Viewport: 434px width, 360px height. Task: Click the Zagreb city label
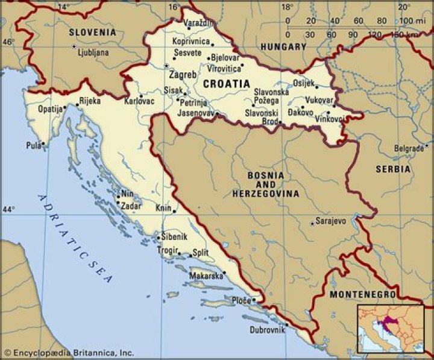click(x=183, y=75)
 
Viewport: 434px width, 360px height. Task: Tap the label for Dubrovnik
click(x=267, y=330)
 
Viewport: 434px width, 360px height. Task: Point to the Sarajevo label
click(x=331, y=221)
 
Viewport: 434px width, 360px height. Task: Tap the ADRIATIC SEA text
click(x=75, y=239)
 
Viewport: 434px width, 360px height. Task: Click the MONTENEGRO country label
click(x=363, y=294)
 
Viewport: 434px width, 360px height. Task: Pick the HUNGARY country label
click(x=283, y=46)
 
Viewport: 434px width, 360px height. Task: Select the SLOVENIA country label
click(x=92, y=32)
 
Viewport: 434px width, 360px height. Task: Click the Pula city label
click(x=34, y=145)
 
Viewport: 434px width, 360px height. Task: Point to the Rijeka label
click(x=90, y=101)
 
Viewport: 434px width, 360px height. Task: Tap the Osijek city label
click(x=304, y=84)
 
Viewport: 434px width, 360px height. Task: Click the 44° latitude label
click(x=9, y=209)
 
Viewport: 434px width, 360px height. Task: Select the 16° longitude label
click(x=174, y=7)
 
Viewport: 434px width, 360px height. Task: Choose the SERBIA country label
click(x=393, y=169)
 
